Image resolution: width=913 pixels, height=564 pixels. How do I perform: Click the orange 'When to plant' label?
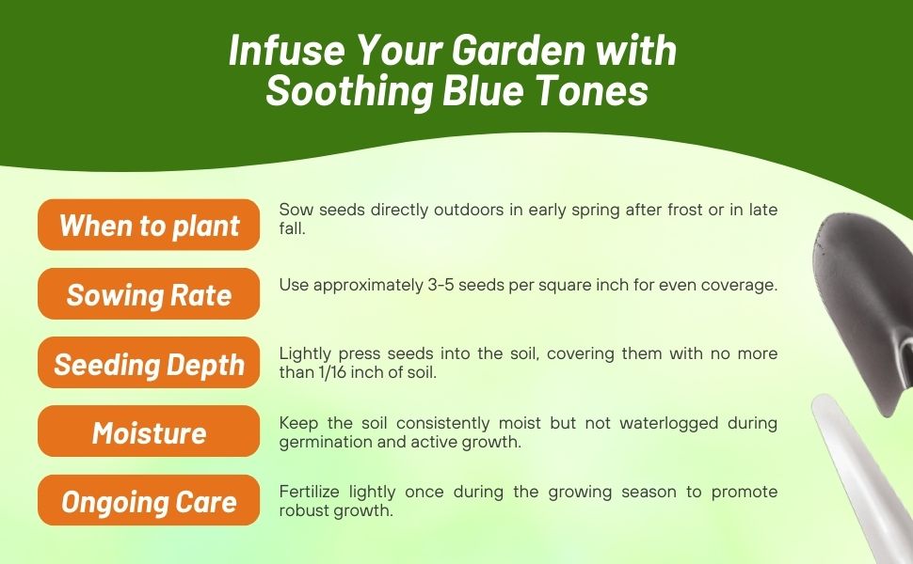pos(149,226)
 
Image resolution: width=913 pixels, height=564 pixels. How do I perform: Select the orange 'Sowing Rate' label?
pos(149,294)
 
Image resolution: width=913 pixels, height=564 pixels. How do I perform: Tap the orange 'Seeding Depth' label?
pos(149,364)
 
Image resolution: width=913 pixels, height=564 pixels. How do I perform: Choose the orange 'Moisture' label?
pos(149,432)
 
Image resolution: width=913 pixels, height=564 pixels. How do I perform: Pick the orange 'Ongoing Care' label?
pos(149,502)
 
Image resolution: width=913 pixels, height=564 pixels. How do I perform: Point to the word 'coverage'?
pos(744,285)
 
